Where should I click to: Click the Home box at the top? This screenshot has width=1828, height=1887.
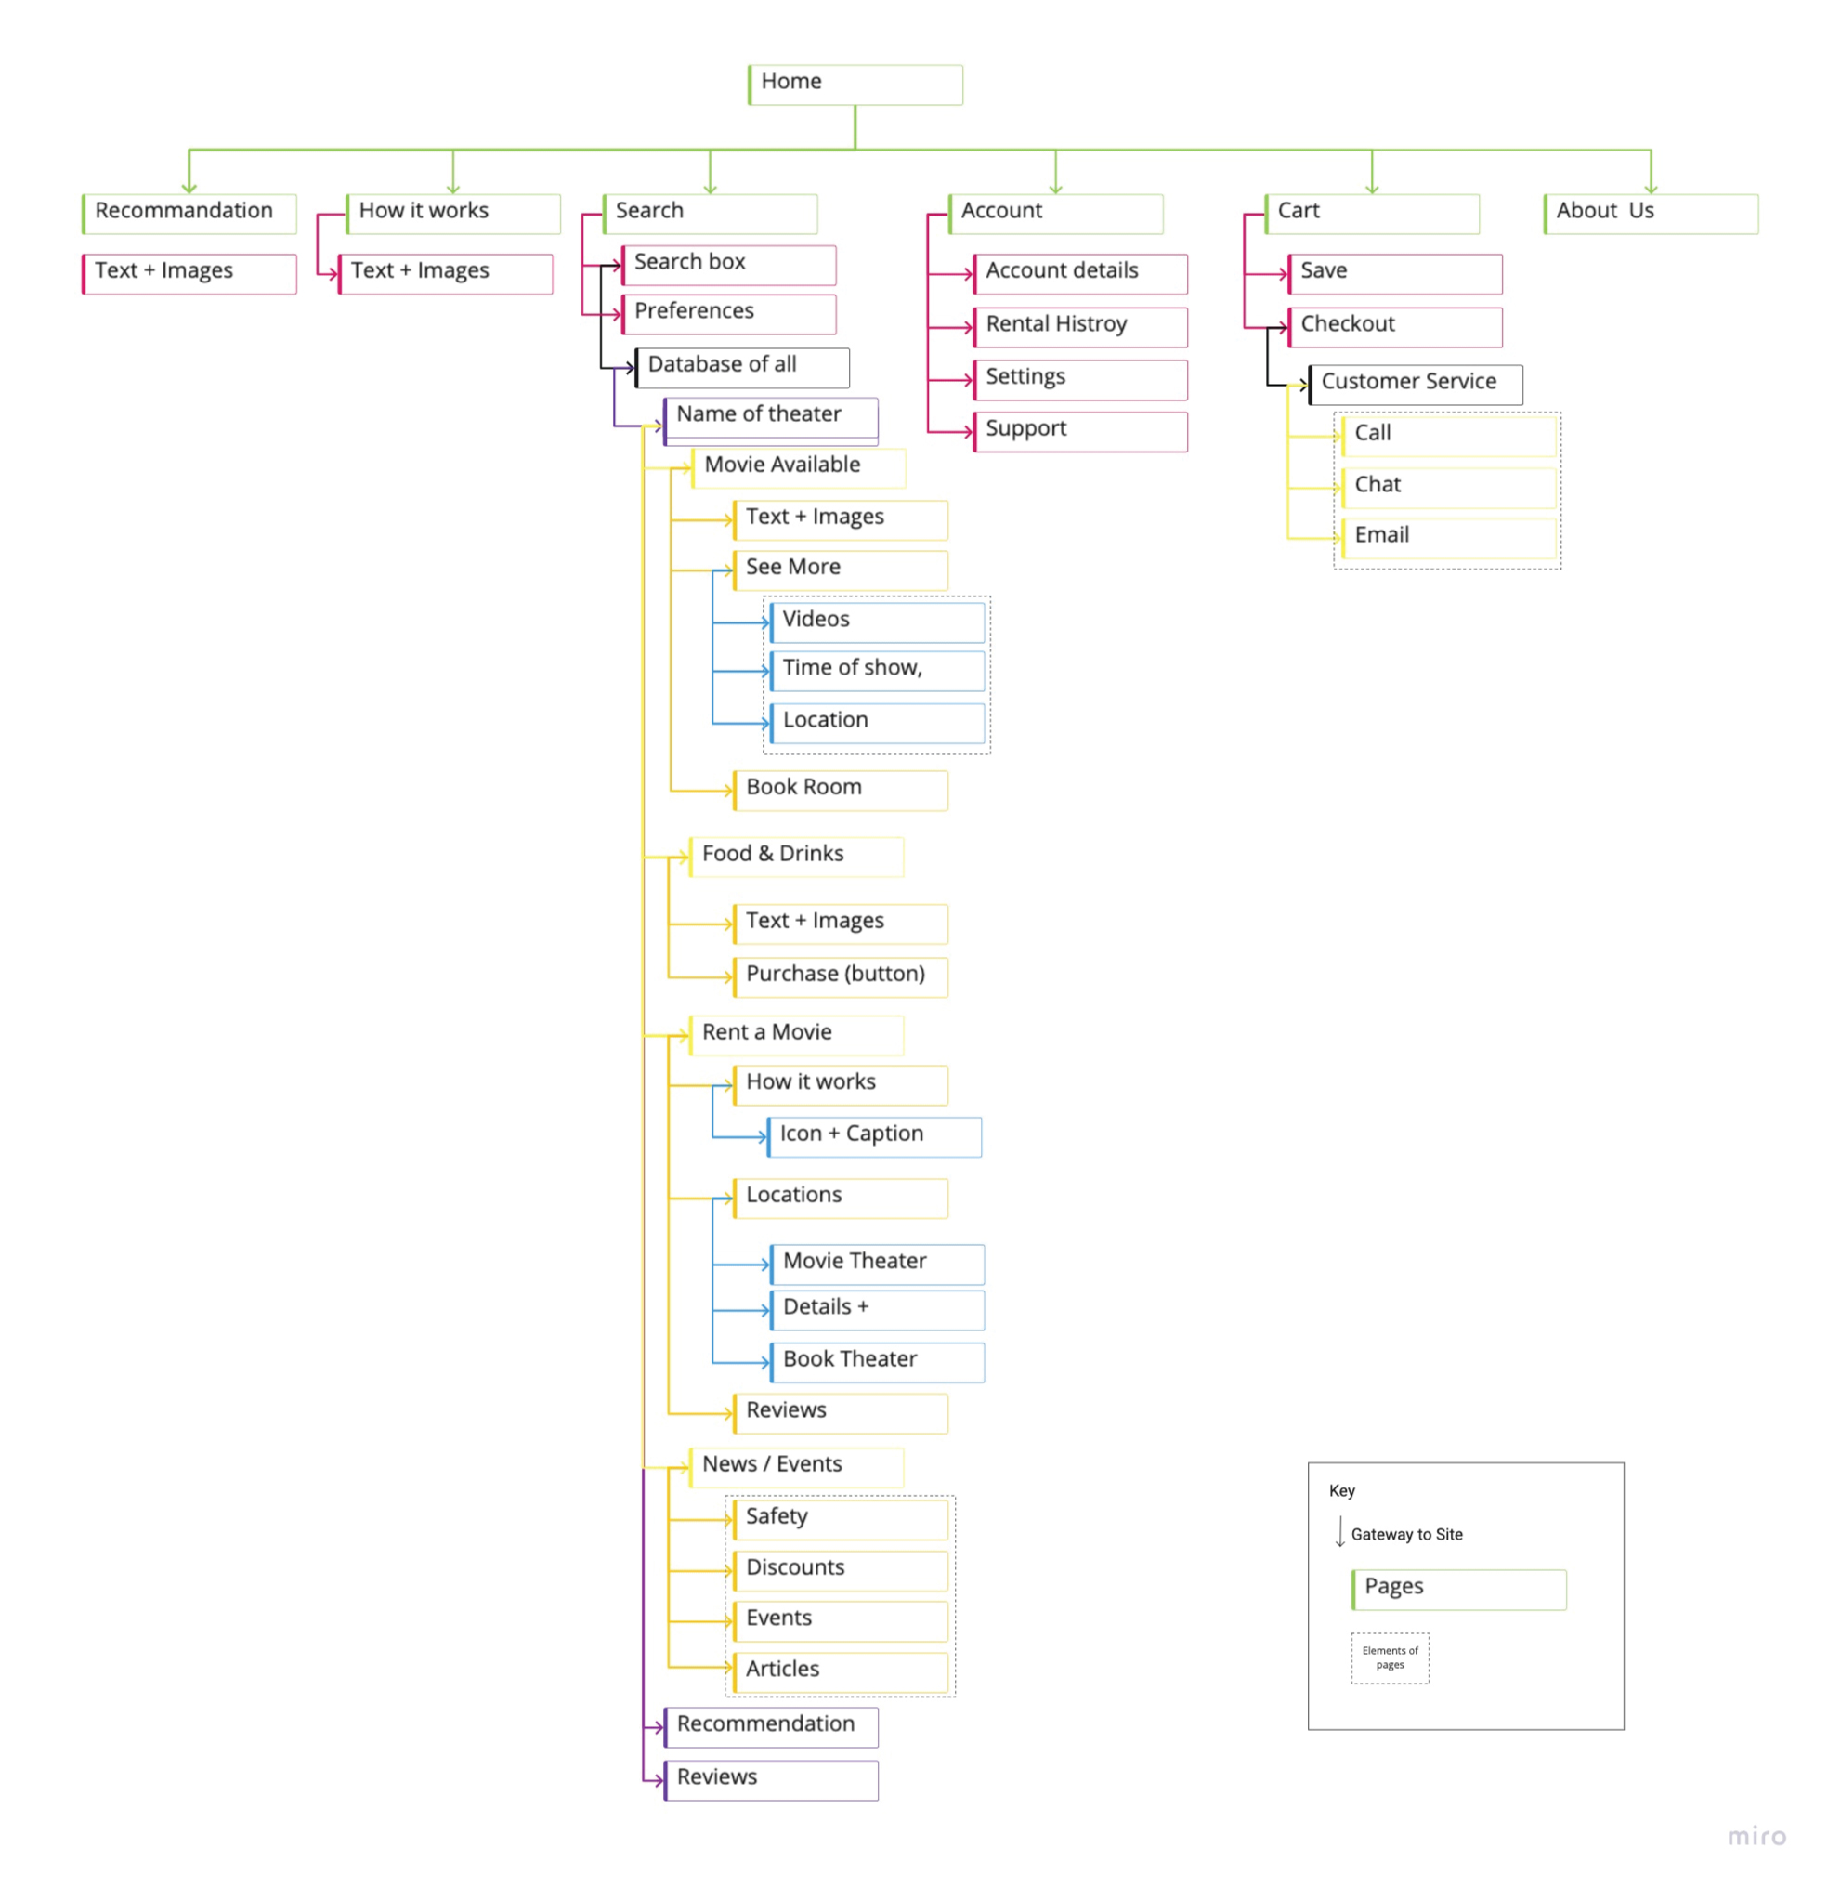[x=854, y=85]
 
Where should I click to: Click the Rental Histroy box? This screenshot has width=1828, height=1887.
[x=1079, y=327]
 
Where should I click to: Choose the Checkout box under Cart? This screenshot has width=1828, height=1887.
[x=1394, y=327]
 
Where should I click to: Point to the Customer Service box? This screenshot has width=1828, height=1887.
[x=1414, y=384]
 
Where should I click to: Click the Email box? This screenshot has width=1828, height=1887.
[x=1448, y=537]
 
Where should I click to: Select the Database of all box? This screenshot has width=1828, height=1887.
[x=741, y=368]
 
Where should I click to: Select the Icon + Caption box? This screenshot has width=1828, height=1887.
[x=873, y=1136]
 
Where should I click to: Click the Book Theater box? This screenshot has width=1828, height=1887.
[x=876, y=1361]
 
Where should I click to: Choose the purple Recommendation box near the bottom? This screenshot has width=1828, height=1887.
[x=770, y=1726]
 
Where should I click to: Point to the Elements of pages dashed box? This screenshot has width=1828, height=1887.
[x=1389, y=1657]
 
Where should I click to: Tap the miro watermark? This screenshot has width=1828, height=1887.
[x=1756, y=1836]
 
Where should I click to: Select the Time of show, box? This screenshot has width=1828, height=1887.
[x=876, y=670]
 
